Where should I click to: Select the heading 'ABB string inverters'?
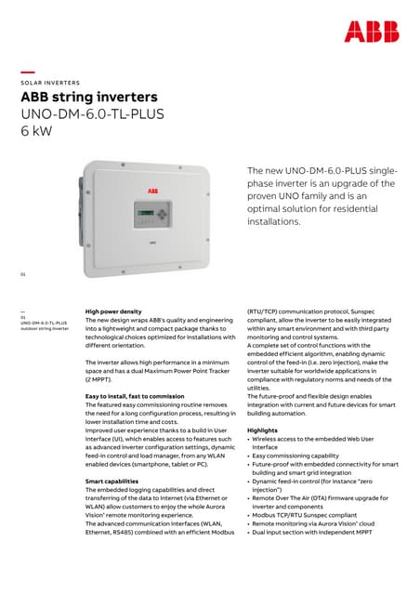click(89, 98)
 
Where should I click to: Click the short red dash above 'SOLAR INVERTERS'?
click(28, 73)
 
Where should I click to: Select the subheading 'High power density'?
click(113, 311)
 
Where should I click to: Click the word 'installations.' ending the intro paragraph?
click(274, 222)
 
